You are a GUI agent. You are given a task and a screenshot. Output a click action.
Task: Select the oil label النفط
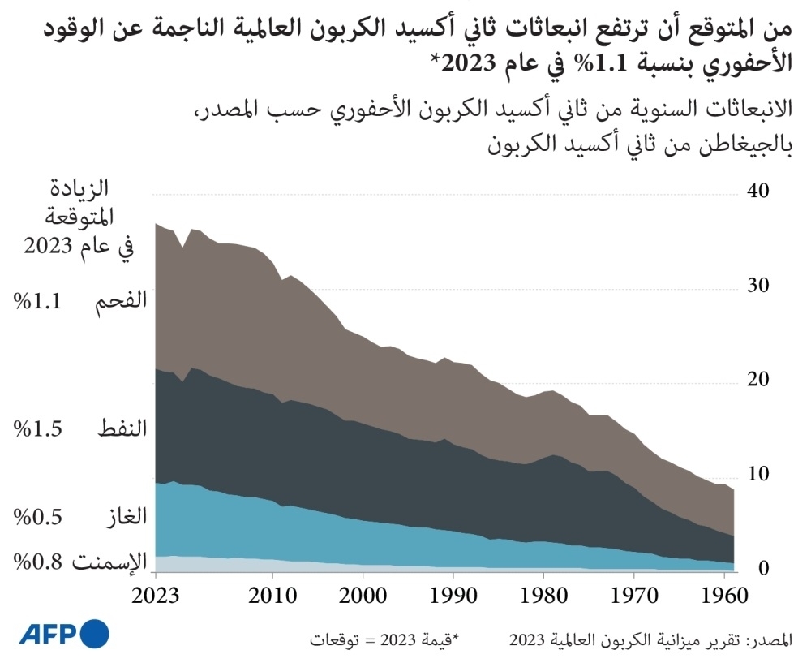(x=122, y=429)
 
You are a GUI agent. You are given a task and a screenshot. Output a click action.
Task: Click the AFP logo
(x=63, y=631)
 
